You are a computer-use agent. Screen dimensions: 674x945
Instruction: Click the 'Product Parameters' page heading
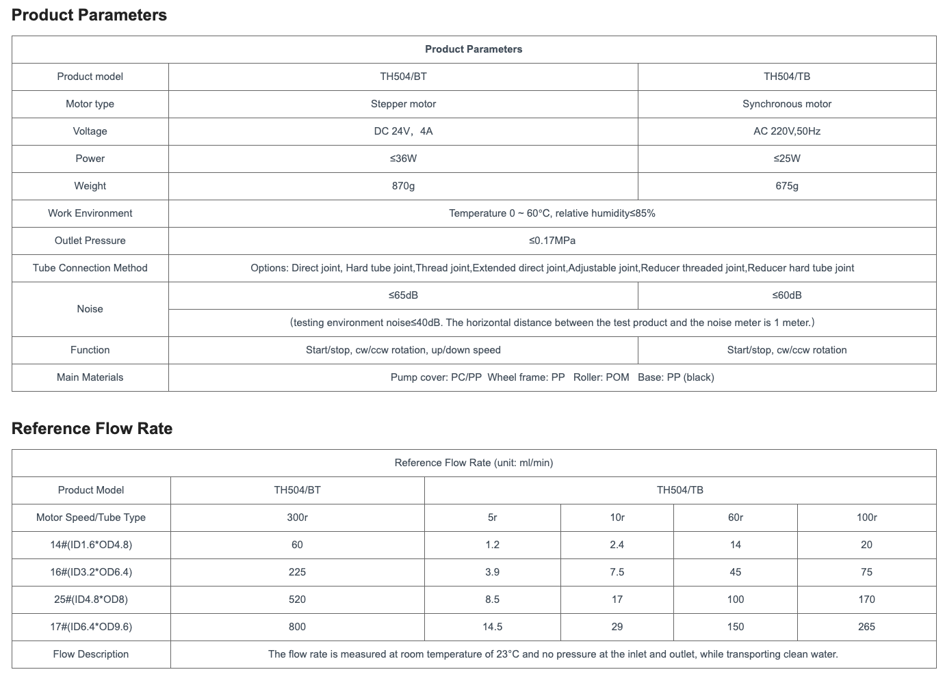89,15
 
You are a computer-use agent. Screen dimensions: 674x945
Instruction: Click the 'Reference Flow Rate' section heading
92,429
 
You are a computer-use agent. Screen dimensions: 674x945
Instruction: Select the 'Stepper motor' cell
403,104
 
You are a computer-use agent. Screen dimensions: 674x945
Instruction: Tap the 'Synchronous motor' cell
787,104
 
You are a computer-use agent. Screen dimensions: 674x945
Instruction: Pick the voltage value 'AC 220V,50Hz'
787,131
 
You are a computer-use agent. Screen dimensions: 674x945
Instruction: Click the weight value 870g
403,186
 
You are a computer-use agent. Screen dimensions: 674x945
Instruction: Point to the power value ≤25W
787,159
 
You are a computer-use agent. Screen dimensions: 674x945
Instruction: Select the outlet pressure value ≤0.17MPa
552,241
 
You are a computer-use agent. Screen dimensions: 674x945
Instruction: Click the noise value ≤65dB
403,295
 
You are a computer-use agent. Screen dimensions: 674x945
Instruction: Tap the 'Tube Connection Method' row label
90,268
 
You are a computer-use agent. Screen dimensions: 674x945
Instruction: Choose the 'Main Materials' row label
90,377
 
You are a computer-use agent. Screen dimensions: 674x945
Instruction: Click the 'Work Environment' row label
90,213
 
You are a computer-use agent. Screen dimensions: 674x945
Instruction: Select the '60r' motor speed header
736,517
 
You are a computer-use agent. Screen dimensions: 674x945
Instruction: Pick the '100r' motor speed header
866,517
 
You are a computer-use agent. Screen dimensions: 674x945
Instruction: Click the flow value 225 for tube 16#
297,572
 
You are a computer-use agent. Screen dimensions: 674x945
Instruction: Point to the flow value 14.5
493,627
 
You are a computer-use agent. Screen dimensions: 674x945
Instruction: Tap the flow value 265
866,627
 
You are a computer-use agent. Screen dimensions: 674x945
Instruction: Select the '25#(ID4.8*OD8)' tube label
91,599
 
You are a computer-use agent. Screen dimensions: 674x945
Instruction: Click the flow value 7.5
617,572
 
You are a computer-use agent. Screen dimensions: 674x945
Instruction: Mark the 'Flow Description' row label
91,654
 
